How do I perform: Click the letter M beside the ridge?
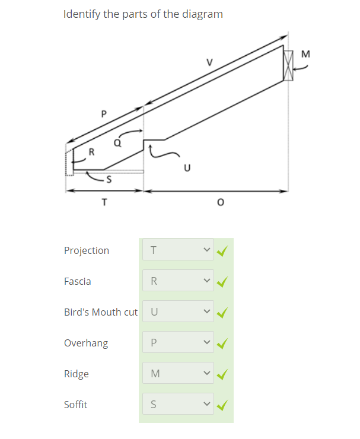[305, 54]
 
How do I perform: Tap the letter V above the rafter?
[209, 62]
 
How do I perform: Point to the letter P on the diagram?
[104, 114]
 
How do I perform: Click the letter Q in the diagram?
[117, 143]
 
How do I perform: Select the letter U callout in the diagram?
[187, 168]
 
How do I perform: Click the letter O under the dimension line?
[221, 202]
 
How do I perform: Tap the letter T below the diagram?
[104, 202]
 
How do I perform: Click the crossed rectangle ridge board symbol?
[288, 65]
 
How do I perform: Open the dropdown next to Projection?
[178, 249]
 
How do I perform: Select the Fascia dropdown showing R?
[178, 280]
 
